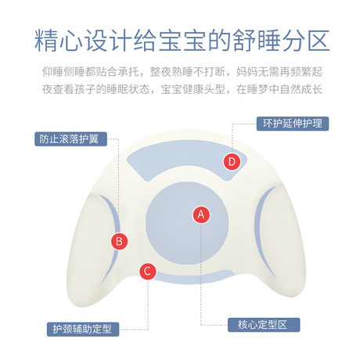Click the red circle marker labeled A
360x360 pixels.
[x=201, y=214]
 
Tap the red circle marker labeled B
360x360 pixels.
[x=119, y=241]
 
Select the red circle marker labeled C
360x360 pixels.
[x=147, y=271]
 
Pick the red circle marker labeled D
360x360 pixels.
[x=232, y=161]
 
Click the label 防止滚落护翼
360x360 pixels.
[x=70, y=139]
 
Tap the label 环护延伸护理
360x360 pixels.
[x=293, y=124]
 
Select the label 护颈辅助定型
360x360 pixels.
[x=83, y=329]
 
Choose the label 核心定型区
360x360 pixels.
[x=264, y=325]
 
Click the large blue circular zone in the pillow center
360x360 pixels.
[x=187, y=223]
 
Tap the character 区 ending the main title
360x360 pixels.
[x=319, y=41]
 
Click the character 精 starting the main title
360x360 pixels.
[x=46, y=41]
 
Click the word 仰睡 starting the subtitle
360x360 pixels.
[x=53, y=72]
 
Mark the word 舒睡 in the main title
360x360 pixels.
[x=257, y=41]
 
